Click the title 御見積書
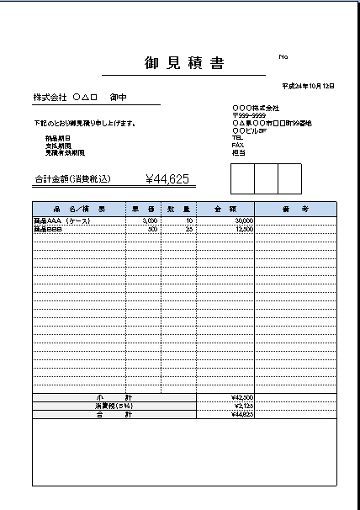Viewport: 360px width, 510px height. (183, 63)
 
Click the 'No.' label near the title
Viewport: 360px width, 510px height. (283, 56)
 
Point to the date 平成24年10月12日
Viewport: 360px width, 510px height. (309, 87)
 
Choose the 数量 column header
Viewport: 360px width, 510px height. (179, 209)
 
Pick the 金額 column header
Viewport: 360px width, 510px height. (225, 209)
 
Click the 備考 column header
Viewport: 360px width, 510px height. (294, 209)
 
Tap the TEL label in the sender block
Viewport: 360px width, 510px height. (236, 138)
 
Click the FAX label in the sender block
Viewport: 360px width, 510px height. (236, 146)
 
